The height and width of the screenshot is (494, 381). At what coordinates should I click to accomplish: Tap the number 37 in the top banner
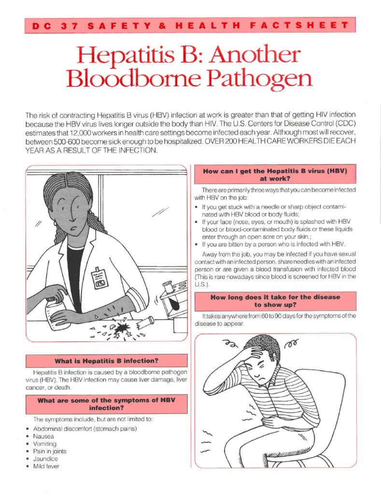[67, 26]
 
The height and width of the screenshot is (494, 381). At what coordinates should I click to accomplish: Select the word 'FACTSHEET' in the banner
[306, 26]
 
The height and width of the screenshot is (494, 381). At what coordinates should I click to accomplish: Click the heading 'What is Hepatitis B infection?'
[106, 360]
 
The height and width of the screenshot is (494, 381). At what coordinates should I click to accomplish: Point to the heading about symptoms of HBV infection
[106, 404]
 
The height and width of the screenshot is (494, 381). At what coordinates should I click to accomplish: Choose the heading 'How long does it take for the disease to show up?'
[275, 301]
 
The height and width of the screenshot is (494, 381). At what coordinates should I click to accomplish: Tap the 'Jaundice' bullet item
[45, 459]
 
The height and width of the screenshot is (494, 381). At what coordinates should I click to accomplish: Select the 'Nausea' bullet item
[43, 436]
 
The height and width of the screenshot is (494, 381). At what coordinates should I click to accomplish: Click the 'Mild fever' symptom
[46, 467]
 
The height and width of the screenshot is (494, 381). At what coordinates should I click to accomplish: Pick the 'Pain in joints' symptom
[50, 451]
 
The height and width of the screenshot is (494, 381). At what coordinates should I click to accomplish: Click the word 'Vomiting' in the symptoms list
[44, 444]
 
